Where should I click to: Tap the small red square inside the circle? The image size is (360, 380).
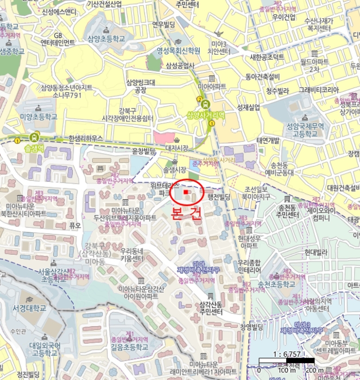186,192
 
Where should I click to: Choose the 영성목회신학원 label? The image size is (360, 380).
178,51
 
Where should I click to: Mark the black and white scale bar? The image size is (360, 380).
287,360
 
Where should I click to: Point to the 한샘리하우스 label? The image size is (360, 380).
82,138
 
